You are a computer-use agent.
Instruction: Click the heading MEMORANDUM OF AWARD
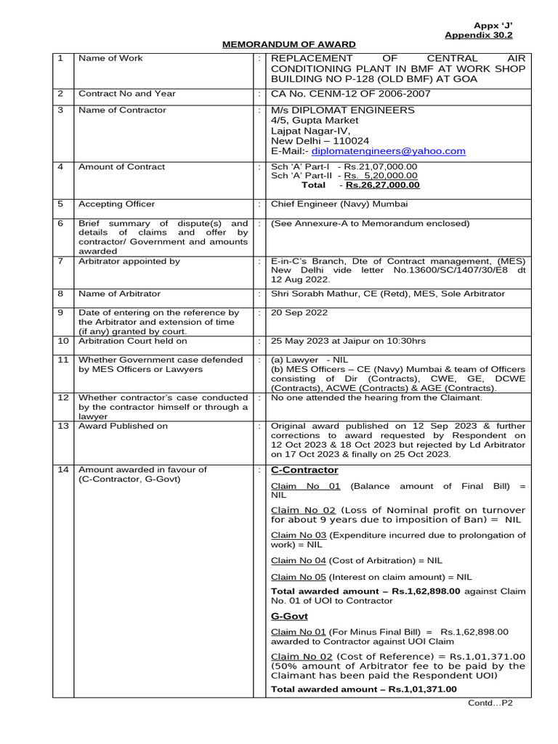288,45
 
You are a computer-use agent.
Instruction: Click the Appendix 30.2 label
479,34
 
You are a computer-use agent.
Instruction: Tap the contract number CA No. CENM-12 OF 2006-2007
350,94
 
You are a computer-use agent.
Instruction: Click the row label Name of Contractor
122,110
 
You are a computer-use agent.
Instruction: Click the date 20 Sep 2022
299,312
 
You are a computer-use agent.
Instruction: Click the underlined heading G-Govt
289,616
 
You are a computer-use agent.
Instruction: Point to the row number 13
63,426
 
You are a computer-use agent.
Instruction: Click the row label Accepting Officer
116,204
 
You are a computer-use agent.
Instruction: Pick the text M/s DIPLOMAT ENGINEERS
343,110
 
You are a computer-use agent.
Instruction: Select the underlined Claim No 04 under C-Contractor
298,560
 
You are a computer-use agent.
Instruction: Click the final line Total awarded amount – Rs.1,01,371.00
364,689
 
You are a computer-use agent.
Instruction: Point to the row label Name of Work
110,58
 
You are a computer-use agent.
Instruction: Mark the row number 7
61,261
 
